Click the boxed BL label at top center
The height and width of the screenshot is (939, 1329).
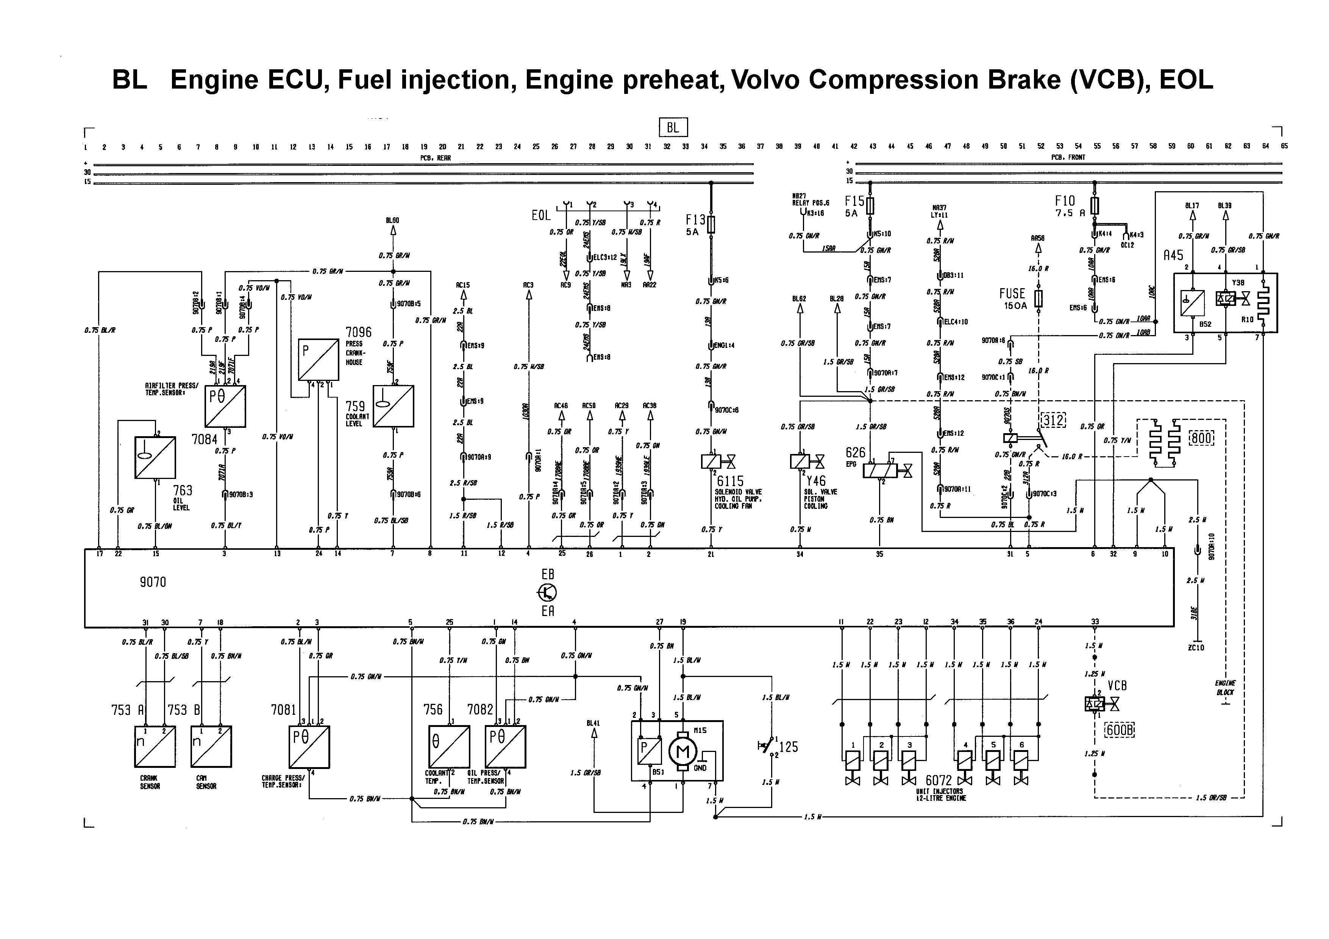point(673,127)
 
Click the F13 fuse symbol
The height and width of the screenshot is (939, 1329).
point(711,225)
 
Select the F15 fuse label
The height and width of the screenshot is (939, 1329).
point(854,201)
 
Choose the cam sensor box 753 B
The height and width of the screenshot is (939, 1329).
point(211,746)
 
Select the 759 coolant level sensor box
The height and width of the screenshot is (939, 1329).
point(393,406)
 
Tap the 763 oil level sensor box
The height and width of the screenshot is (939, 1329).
point(155,457)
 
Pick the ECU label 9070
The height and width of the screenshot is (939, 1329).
point(153,582)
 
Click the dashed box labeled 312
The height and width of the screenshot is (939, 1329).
point(1053,420)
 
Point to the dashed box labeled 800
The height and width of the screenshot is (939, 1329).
point(1201,438)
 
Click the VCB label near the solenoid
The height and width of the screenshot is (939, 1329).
point(1117,686)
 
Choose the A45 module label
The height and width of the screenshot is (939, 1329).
point(1173,255)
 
